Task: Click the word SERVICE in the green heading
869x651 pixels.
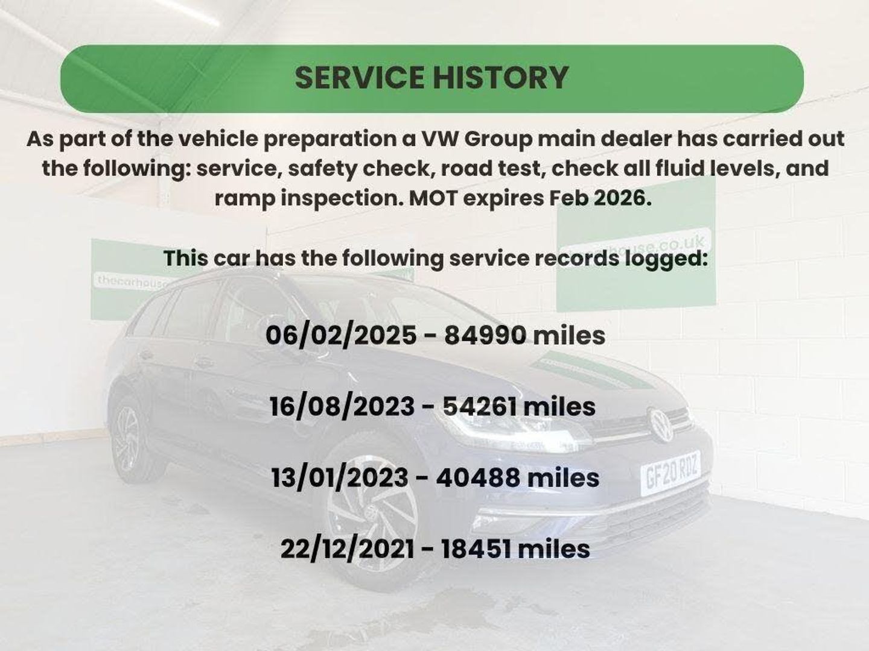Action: pyautogui.click(x=360, y=78)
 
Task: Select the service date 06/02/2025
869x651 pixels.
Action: pyautogui.click(x=341, y=336)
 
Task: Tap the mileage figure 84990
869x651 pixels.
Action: pyautogui.click(x=485, y=336)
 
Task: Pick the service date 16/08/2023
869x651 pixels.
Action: pyautogui.click(x=342, y=407)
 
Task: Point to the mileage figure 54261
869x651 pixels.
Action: pyautogui.click(x=479, y=407)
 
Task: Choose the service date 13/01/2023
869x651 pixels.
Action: pyautogui.click(x=340, y=478)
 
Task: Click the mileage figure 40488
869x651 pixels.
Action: pyautogui.click(x=478, y=478)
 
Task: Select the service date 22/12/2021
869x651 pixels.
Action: pyautogui.click(x=347, y=549)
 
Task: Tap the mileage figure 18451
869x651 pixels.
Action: pyautogui.click(x=476, y=549)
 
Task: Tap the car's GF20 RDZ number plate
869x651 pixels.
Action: pyautogui.click(x=670, y=473)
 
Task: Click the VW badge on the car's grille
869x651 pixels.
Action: pyautogui.click(x=660, y=424)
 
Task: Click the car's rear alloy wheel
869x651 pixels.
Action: pyautogui.click(x=127, y=439)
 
